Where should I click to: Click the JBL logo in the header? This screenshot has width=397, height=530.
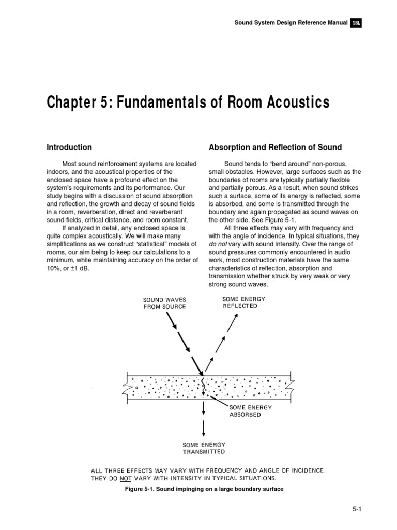356,23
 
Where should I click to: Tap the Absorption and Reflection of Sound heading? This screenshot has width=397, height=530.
275,148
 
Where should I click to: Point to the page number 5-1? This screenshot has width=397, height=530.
357,509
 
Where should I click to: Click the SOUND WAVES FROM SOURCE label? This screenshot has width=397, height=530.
164,303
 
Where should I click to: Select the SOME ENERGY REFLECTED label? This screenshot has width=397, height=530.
239,302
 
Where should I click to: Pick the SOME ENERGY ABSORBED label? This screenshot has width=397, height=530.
250,411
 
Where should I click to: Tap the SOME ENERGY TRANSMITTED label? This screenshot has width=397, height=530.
204,448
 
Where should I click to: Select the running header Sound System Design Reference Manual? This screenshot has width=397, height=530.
291,23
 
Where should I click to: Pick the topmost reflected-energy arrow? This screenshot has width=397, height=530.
232,323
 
